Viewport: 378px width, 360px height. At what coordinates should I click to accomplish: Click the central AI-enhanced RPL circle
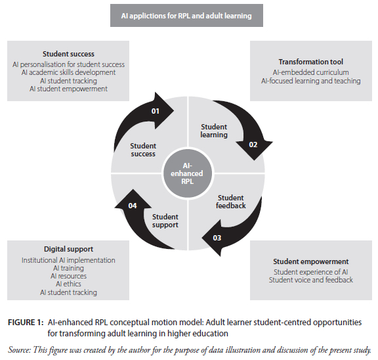[x=187, y=173]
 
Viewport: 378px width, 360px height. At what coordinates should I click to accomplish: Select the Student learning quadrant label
[x=214, y=131]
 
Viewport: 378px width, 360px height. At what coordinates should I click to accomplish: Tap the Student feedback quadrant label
[x=231, y=202]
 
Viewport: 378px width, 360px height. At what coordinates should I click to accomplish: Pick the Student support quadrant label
[x=165, y=221]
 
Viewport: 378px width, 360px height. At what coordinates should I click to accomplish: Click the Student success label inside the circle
[x=143, y=150]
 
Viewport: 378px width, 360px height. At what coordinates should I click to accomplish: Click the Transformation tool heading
[x=311, y=62]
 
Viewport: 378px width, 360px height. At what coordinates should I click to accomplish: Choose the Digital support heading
[x=68, y=249]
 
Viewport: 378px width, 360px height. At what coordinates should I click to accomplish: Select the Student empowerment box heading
[x=311, y=261]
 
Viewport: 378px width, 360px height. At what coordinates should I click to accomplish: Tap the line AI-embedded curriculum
[x=311, y=72]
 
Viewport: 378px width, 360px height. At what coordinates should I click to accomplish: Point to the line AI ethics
[x=68, y=284]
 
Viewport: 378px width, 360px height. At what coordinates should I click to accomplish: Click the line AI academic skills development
[x=68, y=72]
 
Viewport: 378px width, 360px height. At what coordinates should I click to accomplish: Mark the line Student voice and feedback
[x=311, y=280]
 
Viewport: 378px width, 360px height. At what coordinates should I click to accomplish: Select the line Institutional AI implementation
[x=68, y=260]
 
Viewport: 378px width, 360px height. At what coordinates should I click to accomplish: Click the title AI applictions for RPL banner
[x=186, y=16]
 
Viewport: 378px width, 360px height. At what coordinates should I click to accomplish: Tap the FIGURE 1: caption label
[x=26, y=323]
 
